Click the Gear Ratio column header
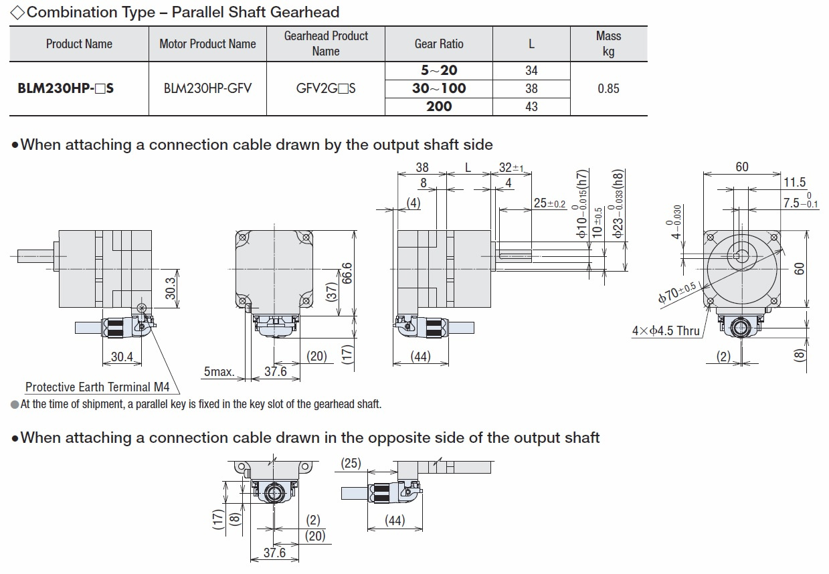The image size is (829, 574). pos(439,44)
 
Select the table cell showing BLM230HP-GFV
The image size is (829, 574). pos(207,88)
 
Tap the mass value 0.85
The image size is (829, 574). pos(608,88)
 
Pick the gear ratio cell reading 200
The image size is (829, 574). pos(439,106)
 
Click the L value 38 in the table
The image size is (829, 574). pos(531,88)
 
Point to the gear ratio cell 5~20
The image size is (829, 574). pos(439,70)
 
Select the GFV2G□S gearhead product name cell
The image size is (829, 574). pos(326,88)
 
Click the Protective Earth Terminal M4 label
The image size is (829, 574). pos(98,387)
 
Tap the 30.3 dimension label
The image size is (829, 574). pos(171,288)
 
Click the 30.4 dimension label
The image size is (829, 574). pos(122,357)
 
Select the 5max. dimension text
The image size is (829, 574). pos(219,371)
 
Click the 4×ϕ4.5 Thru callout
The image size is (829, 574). pos(666,330)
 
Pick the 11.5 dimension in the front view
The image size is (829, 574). pos(794,182)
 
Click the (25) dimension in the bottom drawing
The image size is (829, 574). pos(351,462)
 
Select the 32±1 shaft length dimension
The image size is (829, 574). pos(511,168)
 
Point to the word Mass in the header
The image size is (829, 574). pos(608,36)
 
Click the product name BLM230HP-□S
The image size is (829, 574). pos(66,88)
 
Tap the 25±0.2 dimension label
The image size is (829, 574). pos(549,203)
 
